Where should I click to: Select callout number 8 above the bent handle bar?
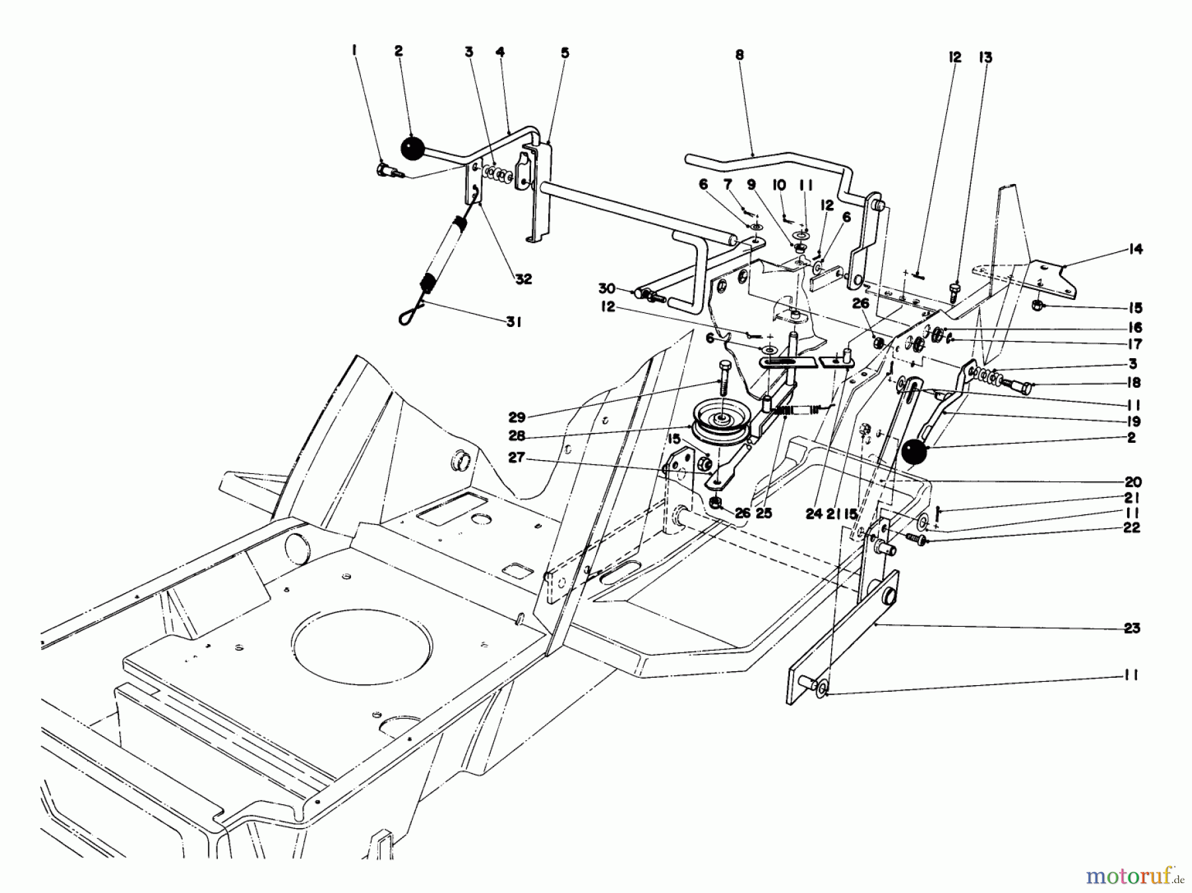pyautogui.click(x=739, y=56)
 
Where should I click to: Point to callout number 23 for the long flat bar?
pyautogui.click(x=1132, y=628)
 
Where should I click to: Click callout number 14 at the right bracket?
pyautogui.click(x=1136, y=250)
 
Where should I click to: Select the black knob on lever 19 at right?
pyautogui.click(x=914, y=453)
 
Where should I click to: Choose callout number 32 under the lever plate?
pyautogui.click(x=523, y=279)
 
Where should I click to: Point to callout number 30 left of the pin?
pyautogui.click(x=607, y=289)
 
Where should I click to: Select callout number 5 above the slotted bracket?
pyautogui.click(x=564, y=53)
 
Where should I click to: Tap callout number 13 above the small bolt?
pyautogui.click(x=985, y=58)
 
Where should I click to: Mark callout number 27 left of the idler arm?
pyautogui.click(x=517, y=457)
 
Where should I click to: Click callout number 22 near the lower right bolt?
pyautogui.click(x=1132, y=528)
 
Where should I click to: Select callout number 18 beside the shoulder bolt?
pyautogui.click(x=1132, y=383)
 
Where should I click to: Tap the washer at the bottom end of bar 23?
pyautogui.click(x=822, y=690)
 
